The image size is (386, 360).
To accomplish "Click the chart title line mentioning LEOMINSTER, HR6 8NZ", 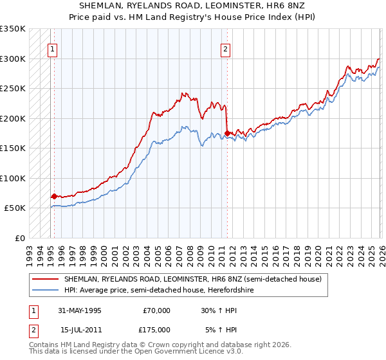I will tap(192, 5).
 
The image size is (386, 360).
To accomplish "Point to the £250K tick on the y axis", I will tap(13, 88).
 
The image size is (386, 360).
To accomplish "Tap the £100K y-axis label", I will tap(13, 178).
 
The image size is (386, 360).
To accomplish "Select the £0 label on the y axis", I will tap(20, 238).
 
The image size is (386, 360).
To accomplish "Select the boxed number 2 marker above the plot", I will tap(226, 48).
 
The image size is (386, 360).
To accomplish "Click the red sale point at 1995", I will tap(54, 196).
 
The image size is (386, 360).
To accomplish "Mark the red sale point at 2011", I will tap(227, 133).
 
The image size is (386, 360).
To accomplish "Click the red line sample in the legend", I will tap(46, 280).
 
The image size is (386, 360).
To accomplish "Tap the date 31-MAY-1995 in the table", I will tap(80, 310).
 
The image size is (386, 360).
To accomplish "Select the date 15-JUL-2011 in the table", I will tap(80, 330).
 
